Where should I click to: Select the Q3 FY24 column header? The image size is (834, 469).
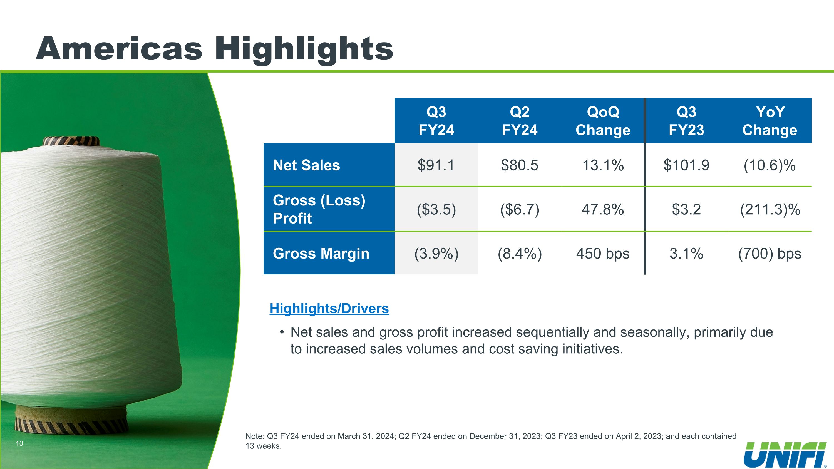(436, 121)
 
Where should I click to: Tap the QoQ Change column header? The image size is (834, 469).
(603, 121)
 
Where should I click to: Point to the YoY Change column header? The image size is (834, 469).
(770, 121)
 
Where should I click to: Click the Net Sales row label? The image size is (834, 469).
(306, 165)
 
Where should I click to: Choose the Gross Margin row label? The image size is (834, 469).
(321, 254)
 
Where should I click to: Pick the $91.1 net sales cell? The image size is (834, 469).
(436, 165)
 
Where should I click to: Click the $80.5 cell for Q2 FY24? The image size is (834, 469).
(520, 165)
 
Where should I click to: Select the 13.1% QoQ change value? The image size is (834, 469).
(603, 165)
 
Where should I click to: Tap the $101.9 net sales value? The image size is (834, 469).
(686, 165)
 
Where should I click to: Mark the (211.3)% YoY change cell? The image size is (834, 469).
(770, 209)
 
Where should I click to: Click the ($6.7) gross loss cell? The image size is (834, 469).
(520, 209)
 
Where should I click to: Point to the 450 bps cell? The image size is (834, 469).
(603, 254)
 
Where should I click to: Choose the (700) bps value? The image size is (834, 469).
(770, 254)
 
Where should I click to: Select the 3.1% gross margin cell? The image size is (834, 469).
(686, 254)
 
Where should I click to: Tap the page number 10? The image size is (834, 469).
(19, 443)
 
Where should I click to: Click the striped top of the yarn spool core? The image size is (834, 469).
(71, 141)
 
